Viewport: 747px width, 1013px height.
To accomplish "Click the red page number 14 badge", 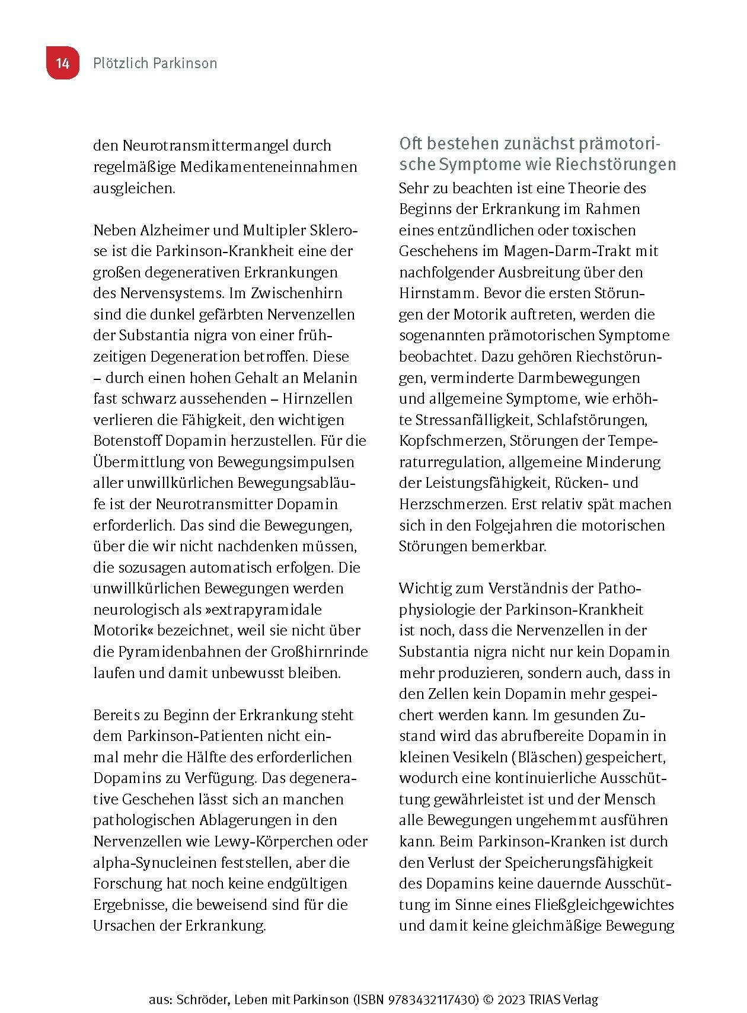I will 62,63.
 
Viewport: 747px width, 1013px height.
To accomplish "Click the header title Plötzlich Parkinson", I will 155,63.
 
